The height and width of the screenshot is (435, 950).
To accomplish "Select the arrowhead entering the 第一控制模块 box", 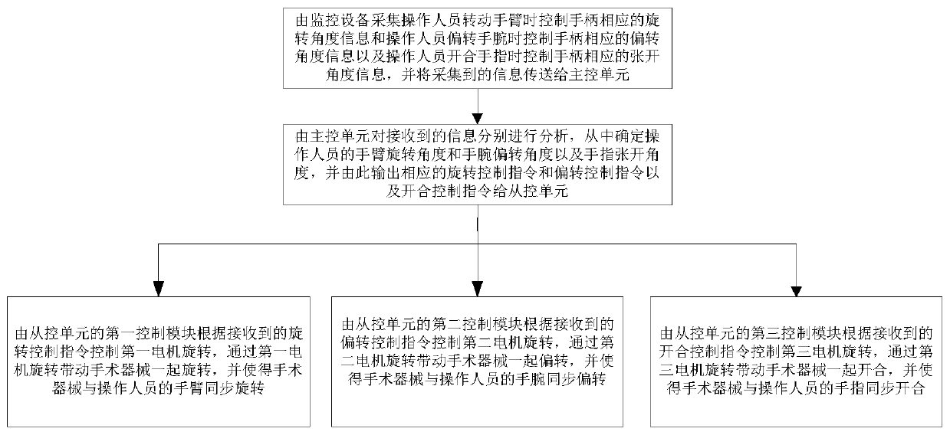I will click(159, 288).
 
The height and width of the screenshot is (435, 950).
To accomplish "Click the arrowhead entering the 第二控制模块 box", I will click(478, 288).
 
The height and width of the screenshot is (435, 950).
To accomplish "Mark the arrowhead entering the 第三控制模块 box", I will click(796, 288).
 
